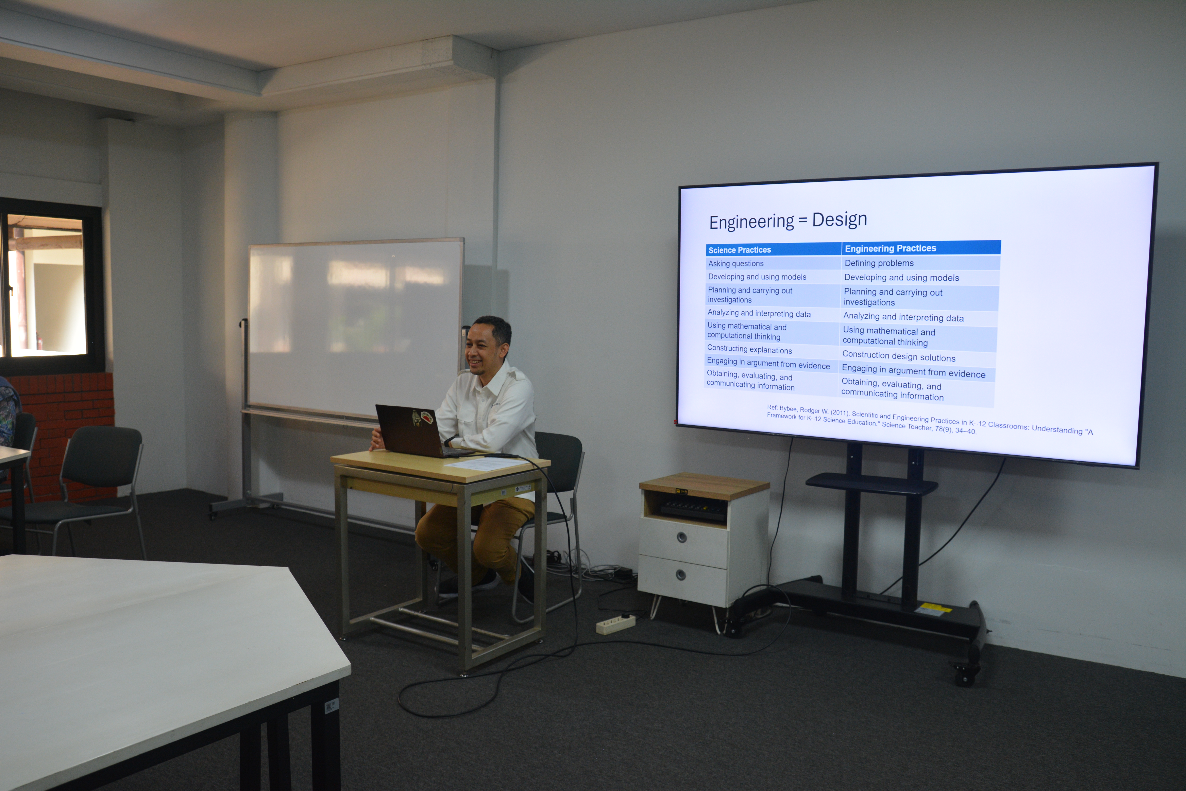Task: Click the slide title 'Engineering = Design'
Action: click(788, 220)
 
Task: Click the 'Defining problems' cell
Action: click(879, 263)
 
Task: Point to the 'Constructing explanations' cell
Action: click(749, 349)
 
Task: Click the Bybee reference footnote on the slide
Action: click(929, 420)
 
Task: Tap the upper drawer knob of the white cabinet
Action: click(682, 537)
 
